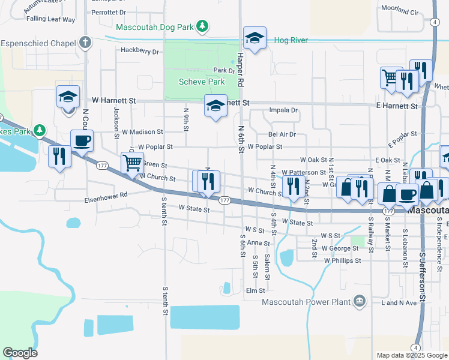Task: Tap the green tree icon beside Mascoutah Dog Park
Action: (x=203, y=26)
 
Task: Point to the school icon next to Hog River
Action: (x=255, y=38)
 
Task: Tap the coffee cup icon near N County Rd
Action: (x=82, y=141)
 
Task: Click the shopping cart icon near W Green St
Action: (x=131, y=161)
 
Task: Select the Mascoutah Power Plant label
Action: (x=306, y=301)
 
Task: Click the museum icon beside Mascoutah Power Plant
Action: (x=359, y=300)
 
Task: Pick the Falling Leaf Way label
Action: (x=50, y=19)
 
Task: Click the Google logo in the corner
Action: (x=20, y=353)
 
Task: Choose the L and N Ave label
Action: (x=399, y=303)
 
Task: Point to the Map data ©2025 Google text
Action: (x=411, y=355)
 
